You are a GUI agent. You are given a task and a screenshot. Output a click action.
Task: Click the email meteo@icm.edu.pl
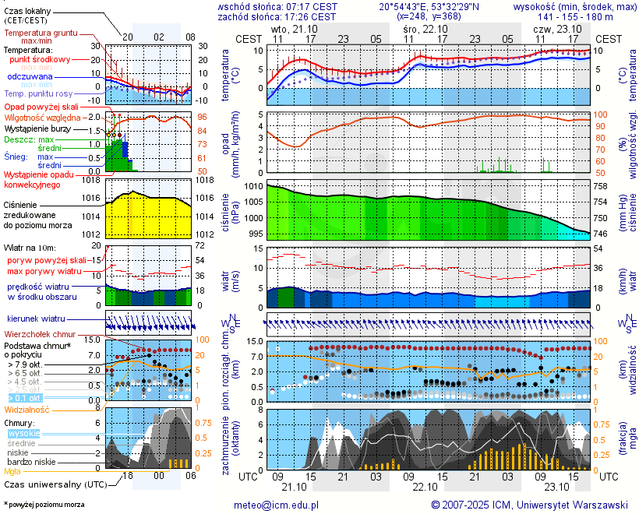click(x=277, y=505)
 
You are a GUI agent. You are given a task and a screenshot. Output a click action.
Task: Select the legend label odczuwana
click(x=30, y=77)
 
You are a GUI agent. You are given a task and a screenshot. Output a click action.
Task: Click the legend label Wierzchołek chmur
click(x=40, y=333)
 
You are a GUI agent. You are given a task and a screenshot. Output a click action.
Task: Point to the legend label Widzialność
click(x=27, y=409)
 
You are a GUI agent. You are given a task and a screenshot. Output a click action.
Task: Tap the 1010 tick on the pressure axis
click(x=254, y=187)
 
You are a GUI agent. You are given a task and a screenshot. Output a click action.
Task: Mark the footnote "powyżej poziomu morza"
click(x=46, y=505)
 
